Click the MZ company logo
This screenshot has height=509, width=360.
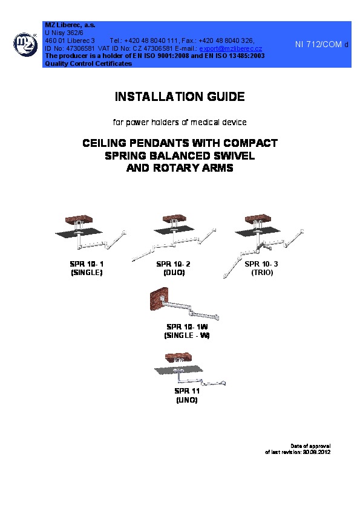pyautogui.click(x=25, y=45)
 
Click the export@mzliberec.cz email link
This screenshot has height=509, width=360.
pyautogui.click(x=231, y=49)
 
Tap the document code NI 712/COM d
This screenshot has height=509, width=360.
pyautogui.click(x=322, y=45)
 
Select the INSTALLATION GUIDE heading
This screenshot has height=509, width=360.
pyautogui.click(x=180, y=97)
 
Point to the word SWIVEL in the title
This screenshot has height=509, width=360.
pyautogui.click(x=234, y=156)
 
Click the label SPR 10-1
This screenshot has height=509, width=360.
pyautogui.click(x=87, y=264)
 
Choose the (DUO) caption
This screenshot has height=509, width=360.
pyautogui.click(x=174, y=273)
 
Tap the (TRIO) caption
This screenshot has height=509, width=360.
pyautogui.click(x=262, y=273)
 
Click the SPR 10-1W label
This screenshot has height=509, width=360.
pyautogui.click(x=187, y=327)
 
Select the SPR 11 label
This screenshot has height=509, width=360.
pyautogui.click(x=187, y=391)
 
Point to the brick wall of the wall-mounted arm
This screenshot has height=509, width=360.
pyautogui.click(x=159, y=299)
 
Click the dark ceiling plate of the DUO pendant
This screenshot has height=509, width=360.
pyautogui.click(x=174, y=230)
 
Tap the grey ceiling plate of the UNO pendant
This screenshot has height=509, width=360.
pyautogui.click(x=178, y=370)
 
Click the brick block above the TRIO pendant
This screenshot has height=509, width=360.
pyautogui.click(x=258, y=219)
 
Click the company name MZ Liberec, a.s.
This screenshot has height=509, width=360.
pyautogui.click(x=70, y=25)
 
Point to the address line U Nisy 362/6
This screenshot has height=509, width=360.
pyautogui.click(x=64, y=33)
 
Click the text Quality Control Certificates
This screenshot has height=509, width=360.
pyautogui.click(x=88, y=63)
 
